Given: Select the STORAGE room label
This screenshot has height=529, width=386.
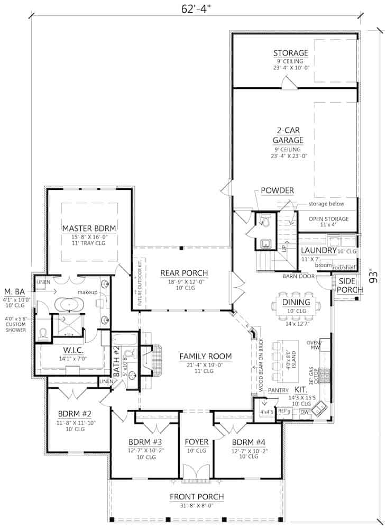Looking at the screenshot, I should coord(290,53).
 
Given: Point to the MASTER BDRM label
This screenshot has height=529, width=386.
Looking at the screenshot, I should coord(89,228).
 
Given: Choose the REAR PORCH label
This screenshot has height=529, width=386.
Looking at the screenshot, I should coord(184,273).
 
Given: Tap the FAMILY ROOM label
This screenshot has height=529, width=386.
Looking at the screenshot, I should coord(200,355).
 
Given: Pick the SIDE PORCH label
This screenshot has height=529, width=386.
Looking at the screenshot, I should coord(351,285).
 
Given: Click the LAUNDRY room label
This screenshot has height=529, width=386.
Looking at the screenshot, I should coord(318,250).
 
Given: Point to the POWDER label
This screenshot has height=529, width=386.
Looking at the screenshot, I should coord(277,190).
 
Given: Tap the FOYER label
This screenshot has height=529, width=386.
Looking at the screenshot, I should coord(196,441).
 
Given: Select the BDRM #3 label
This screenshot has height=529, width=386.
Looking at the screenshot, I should coord(144,441).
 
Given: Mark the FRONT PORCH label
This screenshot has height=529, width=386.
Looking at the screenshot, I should coord(196,497).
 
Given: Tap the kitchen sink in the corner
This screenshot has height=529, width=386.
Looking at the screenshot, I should coord(320,408).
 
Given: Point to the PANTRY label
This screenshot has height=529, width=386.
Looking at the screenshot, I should coord(278,390).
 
